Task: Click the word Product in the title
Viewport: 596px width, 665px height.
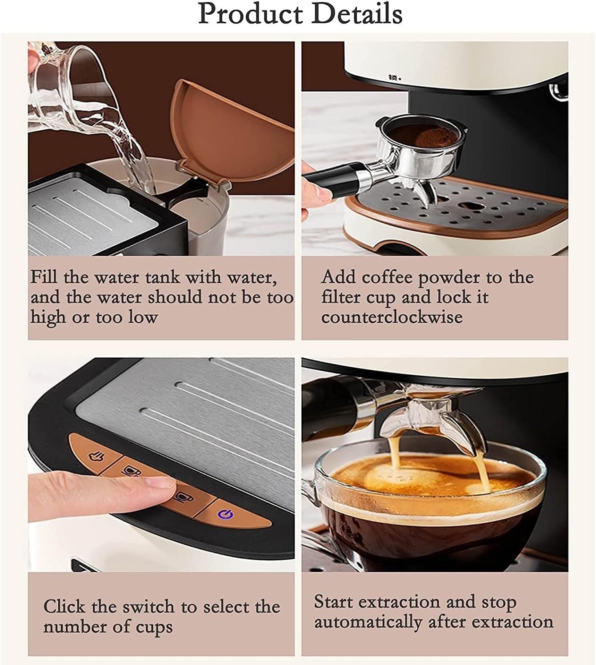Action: click(x=250, y=14)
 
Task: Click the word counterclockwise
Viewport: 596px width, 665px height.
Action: click(x=392, y=317)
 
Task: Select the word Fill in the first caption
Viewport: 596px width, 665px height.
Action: click(x=44, y=277)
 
